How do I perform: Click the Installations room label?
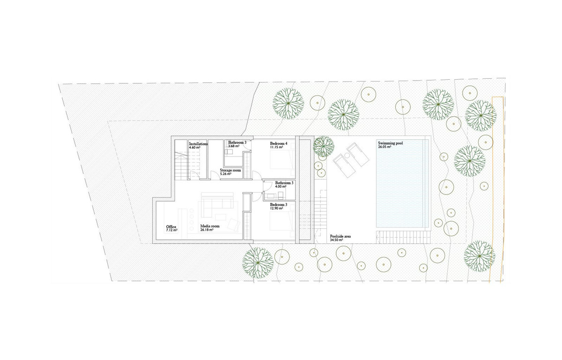tap(198, 144)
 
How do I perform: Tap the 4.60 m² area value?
tap(194, 148)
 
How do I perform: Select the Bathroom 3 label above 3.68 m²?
tap(237, 142)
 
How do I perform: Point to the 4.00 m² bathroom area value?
tap(281, 187)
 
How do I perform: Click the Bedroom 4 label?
tap(279, 143)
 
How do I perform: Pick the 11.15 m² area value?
tap(276, 147)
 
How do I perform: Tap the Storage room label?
tap(230, 170)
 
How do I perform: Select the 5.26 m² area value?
tap(226, 174)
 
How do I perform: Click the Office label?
tap(171, 227)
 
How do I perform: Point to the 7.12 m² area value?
tap(171, 230)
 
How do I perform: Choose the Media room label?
tap(210, 226)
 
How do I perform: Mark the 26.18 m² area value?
tap(207, 230)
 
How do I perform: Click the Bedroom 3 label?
tap(279, 204)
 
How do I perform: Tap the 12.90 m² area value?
tap(276, 209)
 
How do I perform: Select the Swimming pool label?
tap(391, 143)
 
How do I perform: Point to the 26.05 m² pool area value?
tap(385, 147)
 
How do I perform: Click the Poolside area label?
tap(340, 236)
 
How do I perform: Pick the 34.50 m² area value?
tap(336, 240)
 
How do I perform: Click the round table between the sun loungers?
tap(347, 156)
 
